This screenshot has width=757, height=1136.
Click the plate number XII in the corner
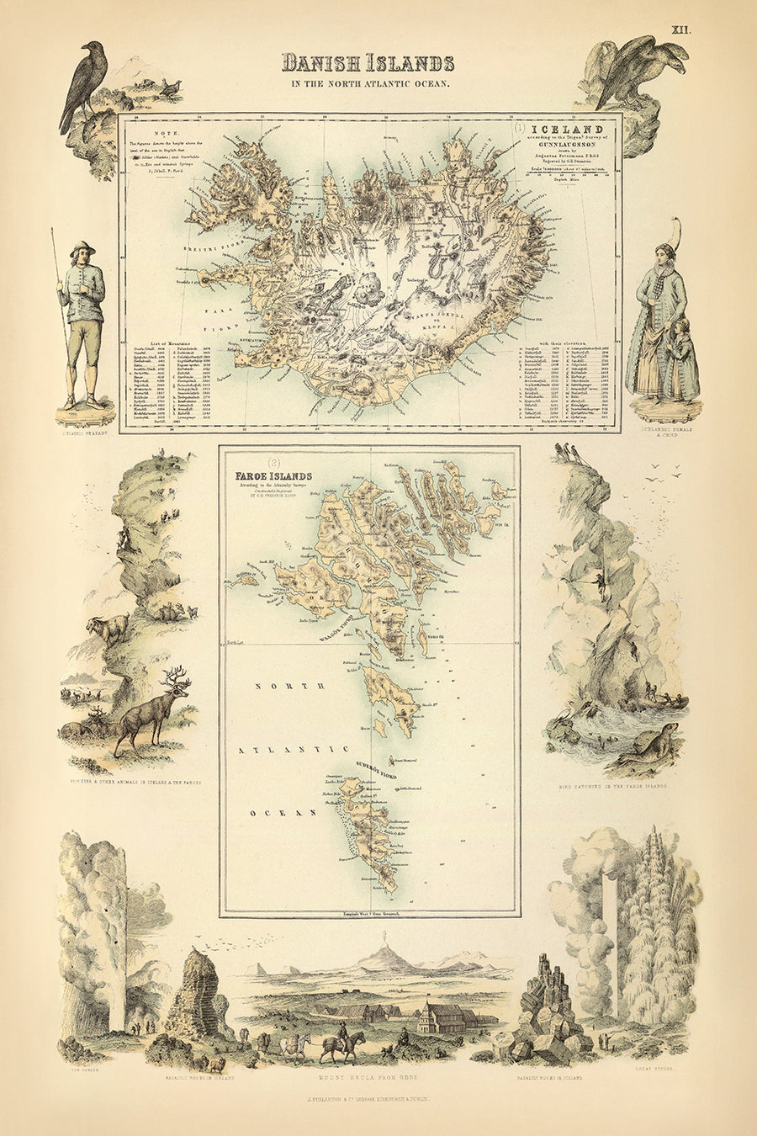pyautogui.click(x=680, y=29)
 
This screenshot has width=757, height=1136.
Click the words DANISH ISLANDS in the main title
pyautogui.click(x=368, y=63)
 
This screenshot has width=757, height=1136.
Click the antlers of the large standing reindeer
pyautogui.click(x=175, y=678)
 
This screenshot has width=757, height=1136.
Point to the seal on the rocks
pyautogui.click(x=656, y=741)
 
